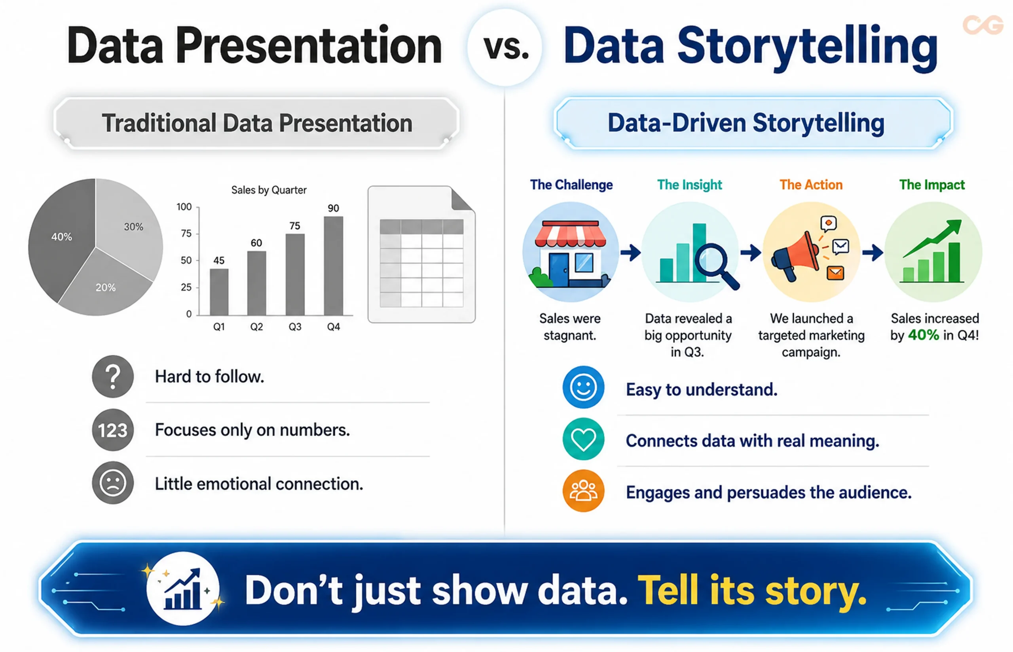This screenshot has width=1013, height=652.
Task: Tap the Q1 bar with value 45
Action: click(219, 292)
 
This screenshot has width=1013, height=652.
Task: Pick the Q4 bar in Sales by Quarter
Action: click(333, 265)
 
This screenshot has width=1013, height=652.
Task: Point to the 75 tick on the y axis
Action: click(186, 234)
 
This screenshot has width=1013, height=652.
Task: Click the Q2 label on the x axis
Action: click(256, 327)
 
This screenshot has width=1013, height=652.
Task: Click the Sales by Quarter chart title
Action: click(269, 190)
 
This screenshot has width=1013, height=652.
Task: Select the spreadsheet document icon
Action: click(421, 254)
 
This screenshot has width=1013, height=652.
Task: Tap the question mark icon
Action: click(112, 376)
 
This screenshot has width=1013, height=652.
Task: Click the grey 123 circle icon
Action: click(112, 430)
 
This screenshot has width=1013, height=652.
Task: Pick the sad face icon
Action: click(112, 482)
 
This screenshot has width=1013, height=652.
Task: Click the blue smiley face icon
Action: click(583, 387)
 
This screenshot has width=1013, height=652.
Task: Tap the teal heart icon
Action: click(583, 439)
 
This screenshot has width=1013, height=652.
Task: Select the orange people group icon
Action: click(583, 491)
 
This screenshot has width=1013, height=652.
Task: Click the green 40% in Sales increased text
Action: click(923, 335)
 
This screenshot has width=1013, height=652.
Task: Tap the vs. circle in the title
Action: click(505, 48)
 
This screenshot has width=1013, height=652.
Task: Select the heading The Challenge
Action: click(571, 185)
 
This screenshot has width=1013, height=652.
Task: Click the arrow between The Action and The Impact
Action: click(873, 253)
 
